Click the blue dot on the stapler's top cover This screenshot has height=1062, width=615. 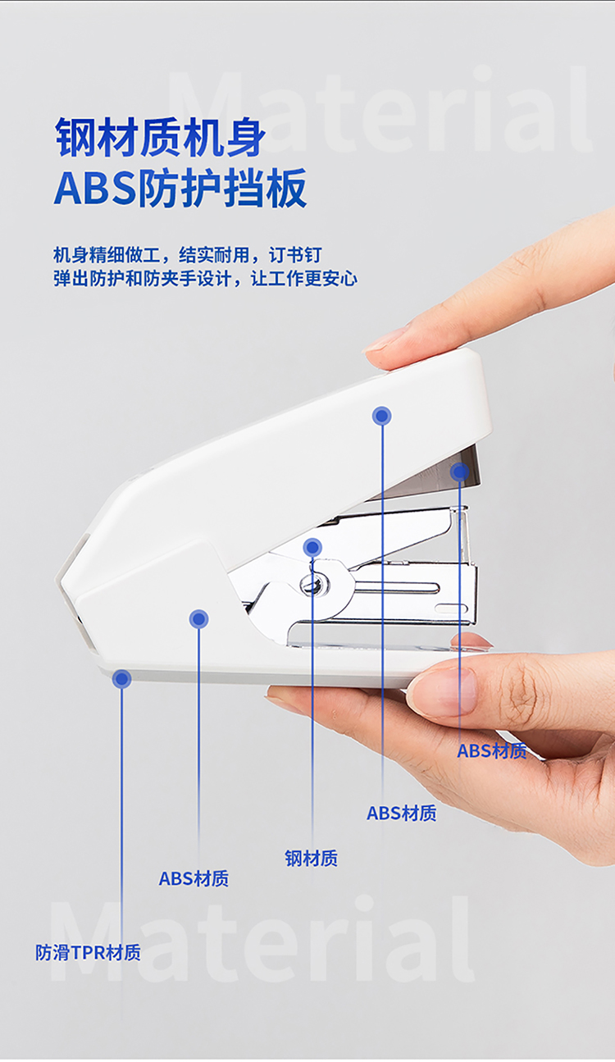click(x=381, y=417)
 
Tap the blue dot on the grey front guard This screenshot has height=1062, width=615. click(x=459, y=472)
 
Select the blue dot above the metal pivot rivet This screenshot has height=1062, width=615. click(x=312, y=548)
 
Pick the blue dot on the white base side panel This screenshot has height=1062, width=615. click(x=198, y=619)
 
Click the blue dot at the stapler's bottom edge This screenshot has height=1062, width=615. click(x=122, y=679)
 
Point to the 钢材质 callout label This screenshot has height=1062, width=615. click(x=311, y=858)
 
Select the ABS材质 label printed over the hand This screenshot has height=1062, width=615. click(x=492, y=751)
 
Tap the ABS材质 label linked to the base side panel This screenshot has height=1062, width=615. click(x=194, y=878)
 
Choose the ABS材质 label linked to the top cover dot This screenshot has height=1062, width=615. click(x=402, y=813)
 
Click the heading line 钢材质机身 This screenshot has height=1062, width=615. click(x=160, y=138)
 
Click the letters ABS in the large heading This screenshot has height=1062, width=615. click(x=95, y=189)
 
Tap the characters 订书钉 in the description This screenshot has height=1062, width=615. click(x=295, y=255)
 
